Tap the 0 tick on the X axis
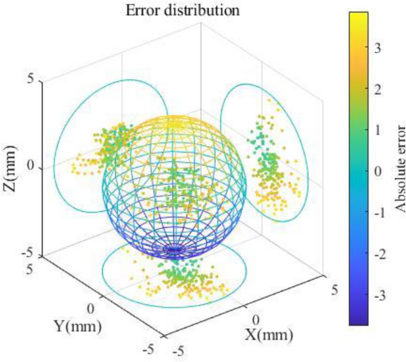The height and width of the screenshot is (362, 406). click(x=255, y=319)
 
